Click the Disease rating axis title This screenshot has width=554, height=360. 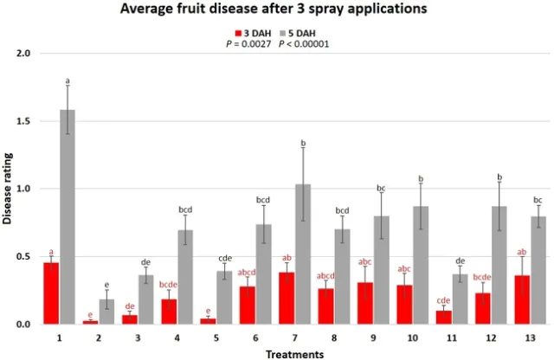coord(9,189)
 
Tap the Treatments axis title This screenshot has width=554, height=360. coord(295,353)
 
